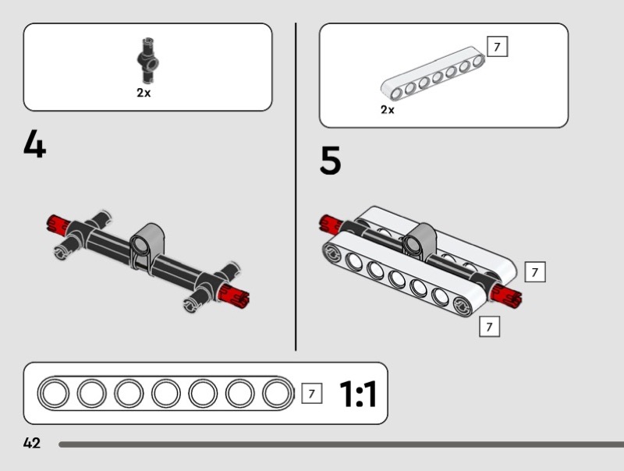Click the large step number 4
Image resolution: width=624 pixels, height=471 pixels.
tap(34, 143)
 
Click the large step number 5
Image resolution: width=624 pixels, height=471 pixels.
tap(330, 160)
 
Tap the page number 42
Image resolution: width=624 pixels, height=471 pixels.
tap(32, 443)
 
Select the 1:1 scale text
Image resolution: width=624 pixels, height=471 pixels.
tap(358, 394)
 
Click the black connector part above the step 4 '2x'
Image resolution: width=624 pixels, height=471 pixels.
tap(147, 61)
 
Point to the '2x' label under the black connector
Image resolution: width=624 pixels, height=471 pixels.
tap(144, 93)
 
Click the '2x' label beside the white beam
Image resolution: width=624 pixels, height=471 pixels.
tap(387, 109)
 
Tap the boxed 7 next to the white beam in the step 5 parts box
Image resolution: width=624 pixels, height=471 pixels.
tap(497, 47)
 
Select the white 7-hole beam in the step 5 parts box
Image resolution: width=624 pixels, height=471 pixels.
tap(433, 73)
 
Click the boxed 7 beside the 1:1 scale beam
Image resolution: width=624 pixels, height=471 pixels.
tap(311, 394)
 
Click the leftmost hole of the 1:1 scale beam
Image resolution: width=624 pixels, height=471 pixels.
tap(54, 394)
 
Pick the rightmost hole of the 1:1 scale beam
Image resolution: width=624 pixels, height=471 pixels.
tap(278, 394)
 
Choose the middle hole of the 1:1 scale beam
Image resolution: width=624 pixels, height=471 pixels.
tap(165, 394)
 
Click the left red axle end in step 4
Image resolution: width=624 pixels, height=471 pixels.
tap(57, 224)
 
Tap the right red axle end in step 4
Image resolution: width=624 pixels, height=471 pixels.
tap(235, 296)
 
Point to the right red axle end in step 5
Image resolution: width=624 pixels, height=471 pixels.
tap(505, 296)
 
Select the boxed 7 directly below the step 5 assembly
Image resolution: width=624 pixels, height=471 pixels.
tap(490, 326)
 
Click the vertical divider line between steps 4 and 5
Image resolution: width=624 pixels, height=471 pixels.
tap(296, 187)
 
